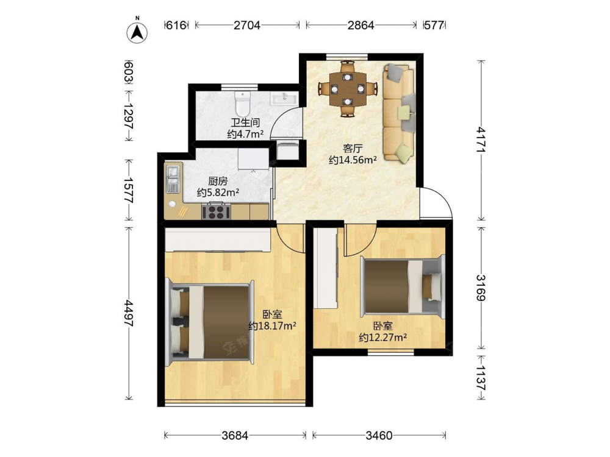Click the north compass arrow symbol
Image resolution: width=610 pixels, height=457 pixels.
137,32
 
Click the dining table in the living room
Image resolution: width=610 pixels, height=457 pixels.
348,89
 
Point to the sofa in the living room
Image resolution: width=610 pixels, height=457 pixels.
399,113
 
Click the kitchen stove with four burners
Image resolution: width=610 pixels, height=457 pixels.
216,212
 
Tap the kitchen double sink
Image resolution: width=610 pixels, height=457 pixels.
173,179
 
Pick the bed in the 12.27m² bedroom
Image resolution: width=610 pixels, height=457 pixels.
403,287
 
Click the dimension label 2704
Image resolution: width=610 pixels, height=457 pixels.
247,25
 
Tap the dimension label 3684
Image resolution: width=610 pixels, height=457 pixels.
235,436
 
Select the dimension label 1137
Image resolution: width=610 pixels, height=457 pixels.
481,378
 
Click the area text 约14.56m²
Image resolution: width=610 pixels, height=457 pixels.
353,160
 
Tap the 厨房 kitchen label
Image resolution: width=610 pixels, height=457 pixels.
218,182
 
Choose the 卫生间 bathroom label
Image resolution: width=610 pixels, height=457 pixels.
245,123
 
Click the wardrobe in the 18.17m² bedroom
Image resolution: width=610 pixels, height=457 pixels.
218,240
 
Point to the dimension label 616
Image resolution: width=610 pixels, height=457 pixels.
176,25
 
